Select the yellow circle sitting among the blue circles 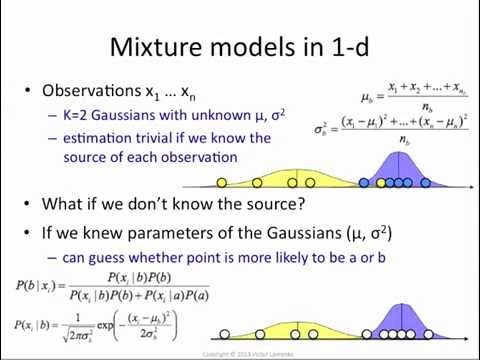[381, 183]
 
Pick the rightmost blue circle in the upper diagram [426, 183]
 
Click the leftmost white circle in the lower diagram [224, 333]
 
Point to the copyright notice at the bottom [240, 353]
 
